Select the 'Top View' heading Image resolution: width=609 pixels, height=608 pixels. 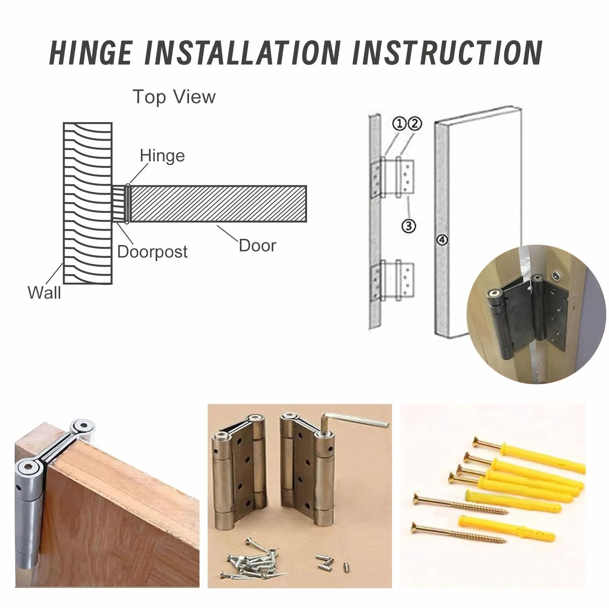174,97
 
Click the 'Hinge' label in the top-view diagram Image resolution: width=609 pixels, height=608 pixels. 162,156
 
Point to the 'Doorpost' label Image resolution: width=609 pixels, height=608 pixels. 152,252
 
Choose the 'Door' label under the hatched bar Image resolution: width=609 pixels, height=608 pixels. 257,245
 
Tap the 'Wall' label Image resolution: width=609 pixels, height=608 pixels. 44,292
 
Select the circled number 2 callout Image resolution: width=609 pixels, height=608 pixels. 415,124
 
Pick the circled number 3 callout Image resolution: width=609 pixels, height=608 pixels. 409,225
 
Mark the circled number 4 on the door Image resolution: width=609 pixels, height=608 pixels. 442,240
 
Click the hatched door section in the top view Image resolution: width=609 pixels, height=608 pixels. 218,204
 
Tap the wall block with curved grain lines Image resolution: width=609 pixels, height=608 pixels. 88,204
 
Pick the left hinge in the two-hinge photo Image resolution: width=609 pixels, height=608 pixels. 239,474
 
